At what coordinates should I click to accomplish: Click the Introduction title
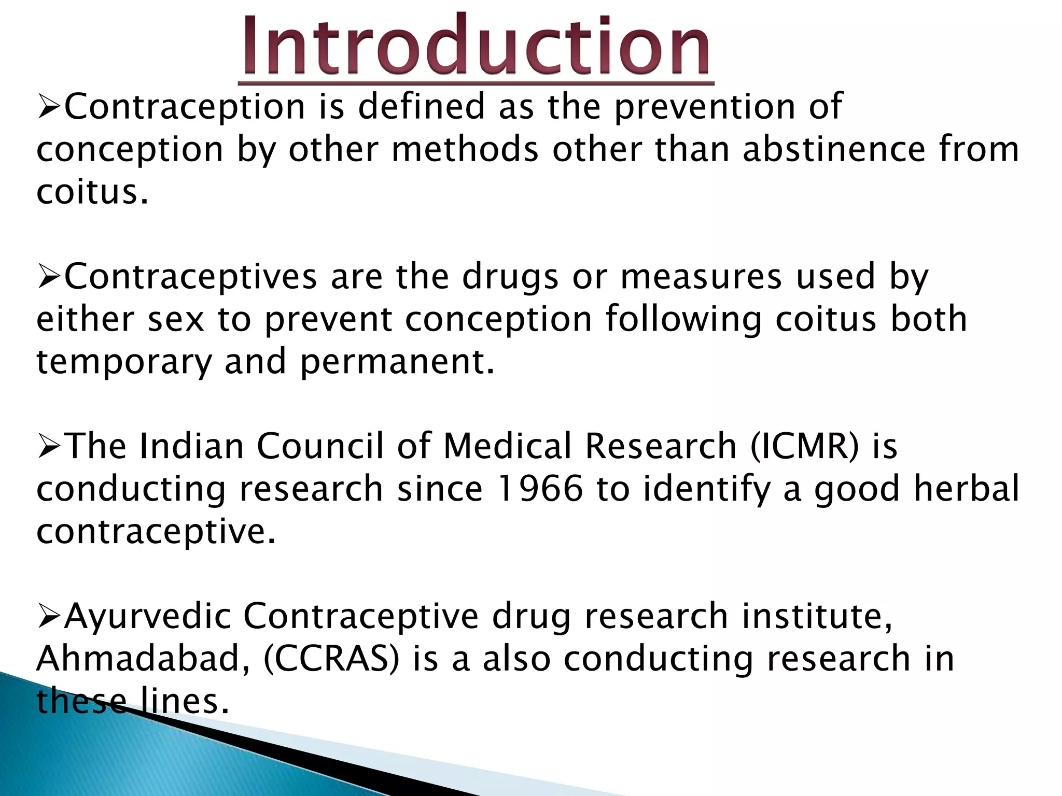coord(476,47)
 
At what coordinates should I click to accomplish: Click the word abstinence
coord(834,149)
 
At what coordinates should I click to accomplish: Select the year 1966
coord(539,489)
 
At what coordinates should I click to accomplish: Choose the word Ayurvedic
coord(147,616)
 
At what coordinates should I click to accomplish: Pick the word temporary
coord(124,361)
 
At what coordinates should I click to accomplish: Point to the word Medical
coord(507,446)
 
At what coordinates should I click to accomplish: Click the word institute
coord(816,616)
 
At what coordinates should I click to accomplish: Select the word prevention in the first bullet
coord(704,107)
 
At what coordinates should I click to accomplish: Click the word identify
coord(706,489)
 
